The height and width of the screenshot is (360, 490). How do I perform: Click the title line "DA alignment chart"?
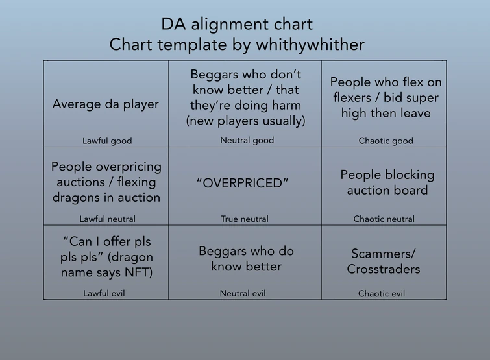[237, 25]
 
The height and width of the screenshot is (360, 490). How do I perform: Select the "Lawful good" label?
[107, 141]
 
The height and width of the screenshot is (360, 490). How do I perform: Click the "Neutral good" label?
[247, 140]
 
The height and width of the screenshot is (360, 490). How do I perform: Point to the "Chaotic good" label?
[386, 141]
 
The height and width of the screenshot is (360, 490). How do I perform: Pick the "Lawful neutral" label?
[107, 219]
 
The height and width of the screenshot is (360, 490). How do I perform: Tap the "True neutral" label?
[245, 219]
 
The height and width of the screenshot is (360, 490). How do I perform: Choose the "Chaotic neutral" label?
[384, 219]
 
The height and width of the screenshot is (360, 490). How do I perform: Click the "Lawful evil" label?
[104, 294]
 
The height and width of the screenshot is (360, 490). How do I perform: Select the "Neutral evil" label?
[243, 294]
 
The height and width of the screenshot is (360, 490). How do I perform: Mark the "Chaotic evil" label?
[382, 294]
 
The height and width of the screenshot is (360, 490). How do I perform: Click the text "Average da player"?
[106, 104]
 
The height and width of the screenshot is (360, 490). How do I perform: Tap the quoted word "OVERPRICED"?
[243, 183]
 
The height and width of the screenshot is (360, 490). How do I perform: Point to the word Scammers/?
[383, 254]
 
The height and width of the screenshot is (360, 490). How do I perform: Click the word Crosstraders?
[383, 269]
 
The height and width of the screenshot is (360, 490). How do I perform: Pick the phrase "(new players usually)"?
[246, 121]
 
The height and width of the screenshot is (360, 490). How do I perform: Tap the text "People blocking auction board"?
[387, 182]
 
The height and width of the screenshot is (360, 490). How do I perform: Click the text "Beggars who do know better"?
[246, 258]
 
